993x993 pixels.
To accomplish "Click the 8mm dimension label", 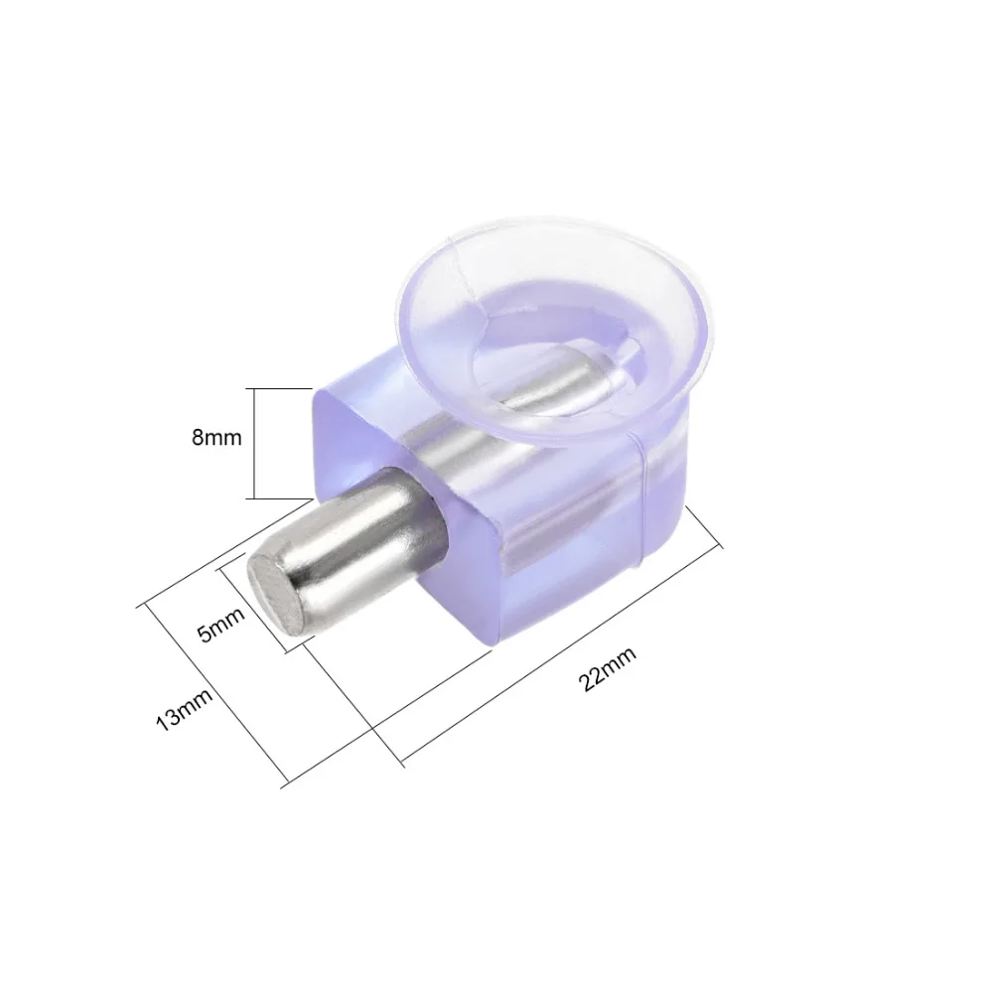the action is click(x=216, y=438).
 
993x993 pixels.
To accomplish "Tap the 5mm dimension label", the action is click(x=221, y=624).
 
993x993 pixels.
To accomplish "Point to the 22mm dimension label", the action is click(x=607, y=668).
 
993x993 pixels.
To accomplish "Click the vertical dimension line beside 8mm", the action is click(x=254, y=443).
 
